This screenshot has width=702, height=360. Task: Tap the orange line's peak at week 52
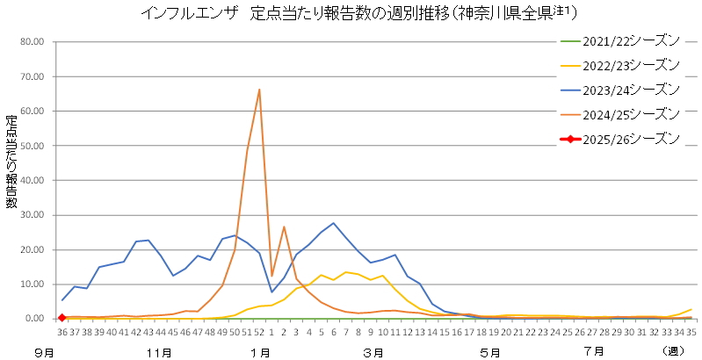point(259,89)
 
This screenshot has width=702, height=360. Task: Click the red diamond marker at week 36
point(62,318)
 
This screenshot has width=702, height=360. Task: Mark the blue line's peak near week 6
point(333,223)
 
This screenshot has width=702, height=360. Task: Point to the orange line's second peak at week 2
point(284,227)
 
